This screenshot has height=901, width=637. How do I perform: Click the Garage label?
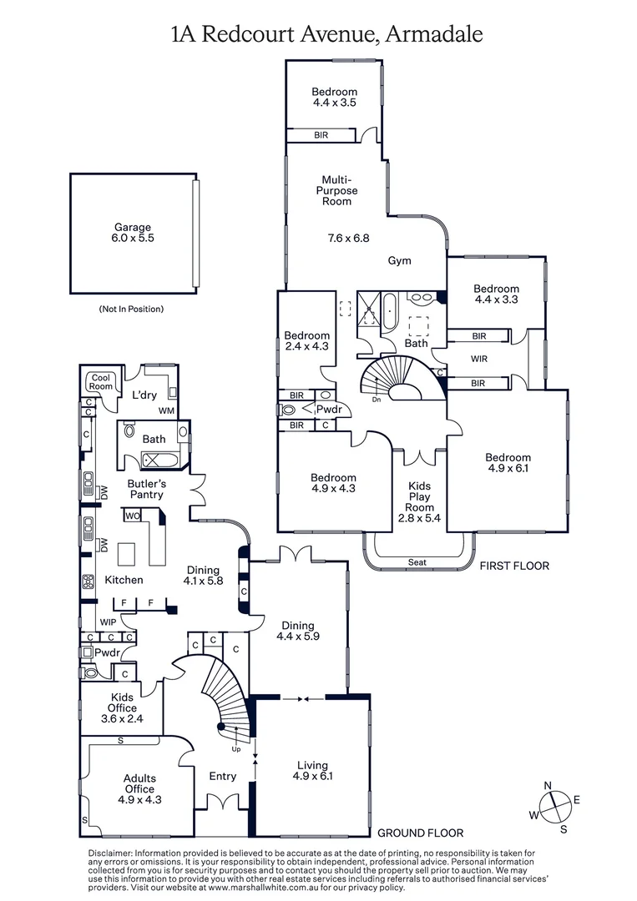point(133,232)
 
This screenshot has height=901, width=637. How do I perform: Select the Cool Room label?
point(101,381)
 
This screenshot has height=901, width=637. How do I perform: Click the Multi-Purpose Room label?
point(336,190)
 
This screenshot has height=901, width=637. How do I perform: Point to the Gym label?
point(400,260)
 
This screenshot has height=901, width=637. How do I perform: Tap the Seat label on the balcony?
point(417,562)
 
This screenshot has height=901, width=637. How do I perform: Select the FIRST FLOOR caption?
point(514,566)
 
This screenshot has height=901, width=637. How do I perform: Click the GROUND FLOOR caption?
point(420,833)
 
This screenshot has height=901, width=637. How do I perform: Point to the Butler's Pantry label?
point(145,489)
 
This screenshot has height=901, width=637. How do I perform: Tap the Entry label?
point(222,776)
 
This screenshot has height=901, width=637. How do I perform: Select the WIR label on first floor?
point(478,359)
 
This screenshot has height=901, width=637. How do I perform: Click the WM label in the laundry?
point(166,410)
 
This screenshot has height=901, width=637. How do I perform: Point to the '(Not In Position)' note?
point(131,309)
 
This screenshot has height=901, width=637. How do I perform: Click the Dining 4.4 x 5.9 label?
point(298,631)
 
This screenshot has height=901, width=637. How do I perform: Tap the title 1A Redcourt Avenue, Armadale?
point(326,34)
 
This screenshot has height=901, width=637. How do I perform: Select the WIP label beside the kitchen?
point(108,622)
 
